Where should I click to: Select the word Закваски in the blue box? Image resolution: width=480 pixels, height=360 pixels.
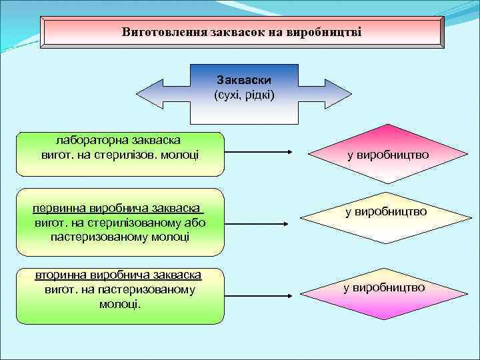pos(244,81)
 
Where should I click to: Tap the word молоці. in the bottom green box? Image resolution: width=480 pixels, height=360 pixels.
pos(119,303)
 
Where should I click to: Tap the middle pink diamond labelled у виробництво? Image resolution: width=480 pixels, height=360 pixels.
pos(385,213)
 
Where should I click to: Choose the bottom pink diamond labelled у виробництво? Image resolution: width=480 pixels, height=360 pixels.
pos(384,288)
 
